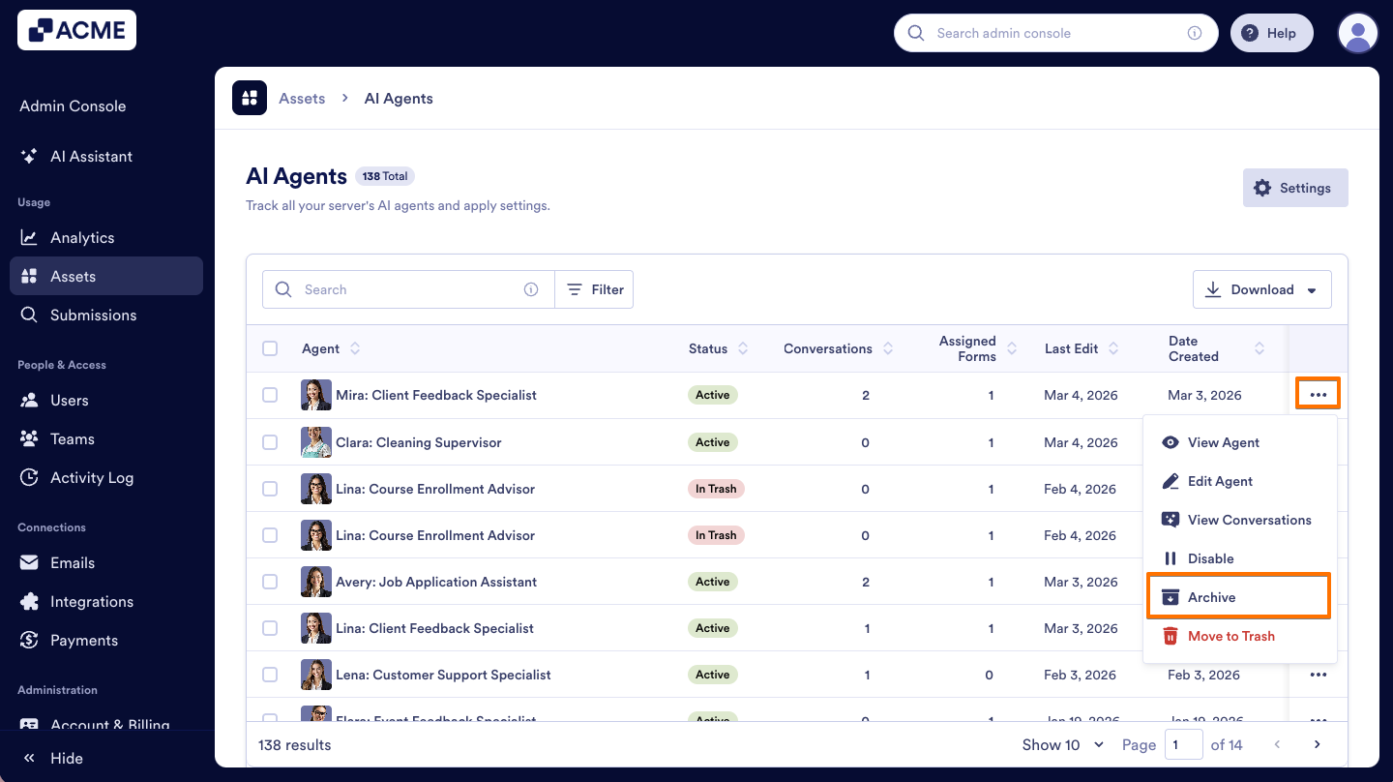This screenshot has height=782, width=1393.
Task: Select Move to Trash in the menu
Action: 1230,636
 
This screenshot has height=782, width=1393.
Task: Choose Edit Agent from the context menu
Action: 1219,481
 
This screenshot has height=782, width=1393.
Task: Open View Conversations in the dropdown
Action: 1248,520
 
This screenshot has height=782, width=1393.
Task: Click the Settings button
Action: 1294,188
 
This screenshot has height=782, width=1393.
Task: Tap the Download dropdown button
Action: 1261,289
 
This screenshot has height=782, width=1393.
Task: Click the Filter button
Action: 595,289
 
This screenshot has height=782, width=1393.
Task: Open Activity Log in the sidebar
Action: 92,477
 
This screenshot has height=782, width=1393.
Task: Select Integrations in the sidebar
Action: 92,601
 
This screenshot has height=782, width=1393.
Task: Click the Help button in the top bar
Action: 1271,33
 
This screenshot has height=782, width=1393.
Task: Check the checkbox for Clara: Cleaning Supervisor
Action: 270,442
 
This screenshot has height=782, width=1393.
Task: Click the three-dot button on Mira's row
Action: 1318,395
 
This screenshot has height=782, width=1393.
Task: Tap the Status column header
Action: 708,348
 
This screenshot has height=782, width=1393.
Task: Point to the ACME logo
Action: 76,30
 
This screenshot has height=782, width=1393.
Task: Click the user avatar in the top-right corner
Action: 1357,33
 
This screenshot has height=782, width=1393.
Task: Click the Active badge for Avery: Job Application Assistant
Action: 712,582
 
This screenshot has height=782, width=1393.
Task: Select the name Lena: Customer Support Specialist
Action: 443,675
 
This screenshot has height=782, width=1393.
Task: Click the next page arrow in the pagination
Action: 1317,744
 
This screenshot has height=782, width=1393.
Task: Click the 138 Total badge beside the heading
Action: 385,176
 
